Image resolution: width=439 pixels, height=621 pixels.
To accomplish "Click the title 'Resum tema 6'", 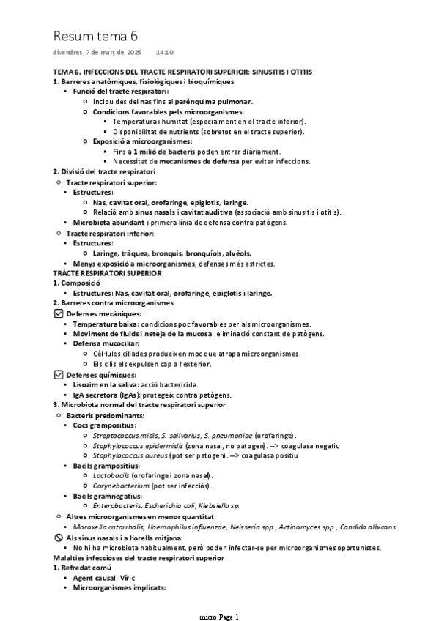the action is pos(95,36).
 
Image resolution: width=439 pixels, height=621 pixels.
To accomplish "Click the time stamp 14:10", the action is pos(165,53).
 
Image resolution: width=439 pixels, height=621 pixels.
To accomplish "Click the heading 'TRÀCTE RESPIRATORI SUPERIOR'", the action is pos(107,272).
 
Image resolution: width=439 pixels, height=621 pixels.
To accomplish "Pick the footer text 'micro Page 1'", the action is pos(219,616).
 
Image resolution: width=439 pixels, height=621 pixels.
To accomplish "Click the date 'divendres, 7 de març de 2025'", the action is pos(97,53).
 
